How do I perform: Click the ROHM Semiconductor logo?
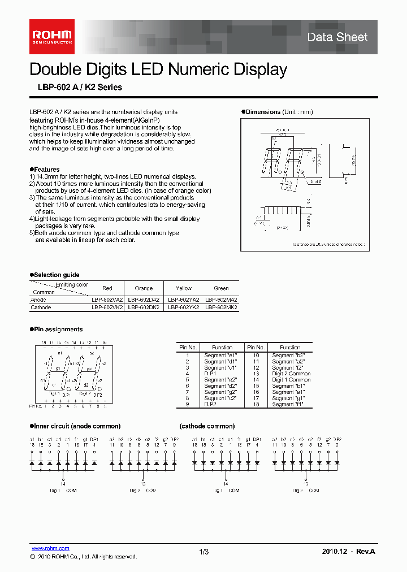51,37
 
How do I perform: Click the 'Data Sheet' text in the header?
337,37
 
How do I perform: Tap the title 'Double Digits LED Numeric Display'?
158,70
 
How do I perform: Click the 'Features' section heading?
45,170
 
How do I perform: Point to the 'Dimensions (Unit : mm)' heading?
278,112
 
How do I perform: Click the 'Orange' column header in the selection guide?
144,288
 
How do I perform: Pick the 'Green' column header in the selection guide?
221,288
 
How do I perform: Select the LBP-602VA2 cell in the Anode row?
107,300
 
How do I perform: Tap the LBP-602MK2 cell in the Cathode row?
221,307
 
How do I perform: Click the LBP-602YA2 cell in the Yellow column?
183,300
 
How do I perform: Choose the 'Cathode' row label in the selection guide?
40,307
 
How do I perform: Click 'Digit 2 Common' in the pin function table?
291,374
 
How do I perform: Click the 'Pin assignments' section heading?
57,330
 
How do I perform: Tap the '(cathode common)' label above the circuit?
207,426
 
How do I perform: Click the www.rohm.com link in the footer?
50,548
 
